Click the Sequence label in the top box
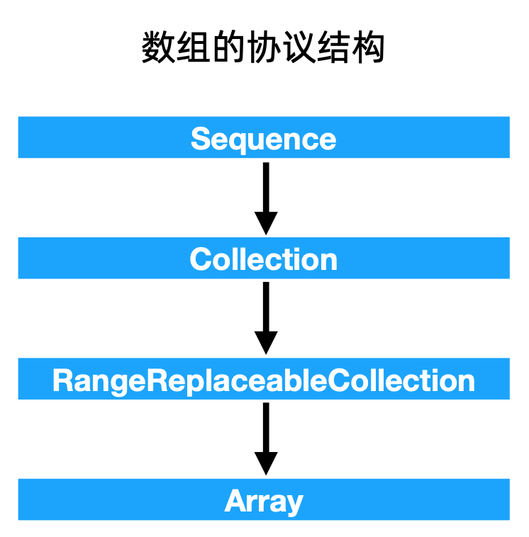tap(263, 138)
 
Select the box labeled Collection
tap(263, 259)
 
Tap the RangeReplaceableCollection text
tap(263, 380)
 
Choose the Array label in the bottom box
tap(264, 501)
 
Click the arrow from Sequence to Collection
tap(265, 195)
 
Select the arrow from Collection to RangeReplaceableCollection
tap(265, 315)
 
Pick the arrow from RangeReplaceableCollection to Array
tap(265, 436)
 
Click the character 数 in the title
tap(158, 49)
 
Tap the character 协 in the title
tap(263, 49)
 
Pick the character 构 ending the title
tap(368, 49)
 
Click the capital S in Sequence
tap(201, 138)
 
